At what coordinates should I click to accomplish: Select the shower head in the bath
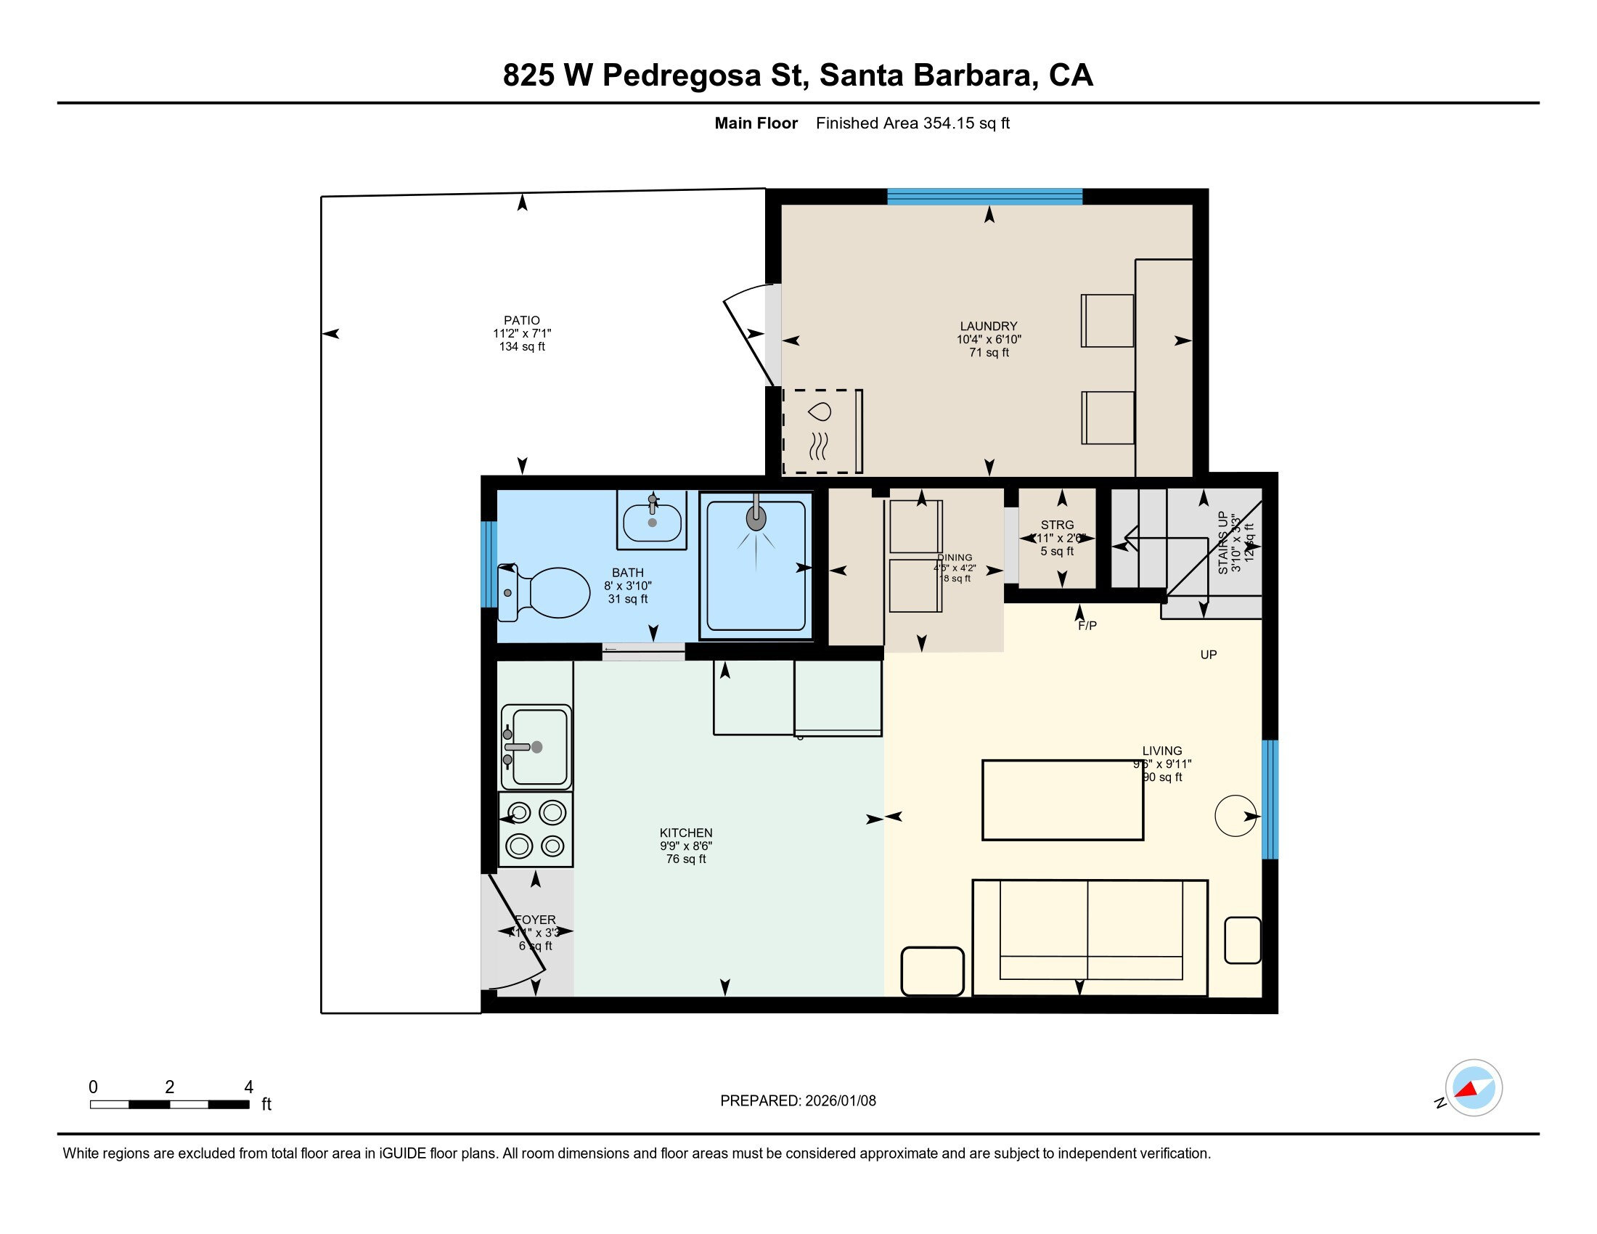point(756,518)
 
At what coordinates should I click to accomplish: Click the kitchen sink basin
point(539,746)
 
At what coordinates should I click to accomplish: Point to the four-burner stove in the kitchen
point(536,829)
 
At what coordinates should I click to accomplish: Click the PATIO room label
point(521,320)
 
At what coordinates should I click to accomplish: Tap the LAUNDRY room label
point(989,326)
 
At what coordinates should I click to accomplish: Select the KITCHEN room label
point(685,833)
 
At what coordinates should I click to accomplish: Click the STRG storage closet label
point(1057,525)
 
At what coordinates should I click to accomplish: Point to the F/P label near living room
point(1087,626)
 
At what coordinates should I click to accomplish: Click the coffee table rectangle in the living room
point(1062,800)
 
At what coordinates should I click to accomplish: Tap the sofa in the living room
point(1090,937)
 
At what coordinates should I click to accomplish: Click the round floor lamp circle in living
point(1235,815)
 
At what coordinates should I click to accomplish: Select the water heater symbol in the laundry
point(820,431)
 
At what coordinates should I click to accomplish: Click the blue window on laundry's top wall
point(984,196)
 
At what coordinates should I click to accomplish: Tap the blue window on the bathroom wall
point(489,563)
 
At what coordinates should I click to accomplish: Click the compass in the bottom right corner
point(1473,1087)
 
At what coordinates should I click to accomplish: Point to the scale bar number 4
point(248,1087)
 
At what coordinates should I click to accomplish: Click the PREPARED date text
point(798,1101)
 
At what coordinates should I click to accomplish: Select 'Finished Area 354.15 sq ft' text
point(912,123)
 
